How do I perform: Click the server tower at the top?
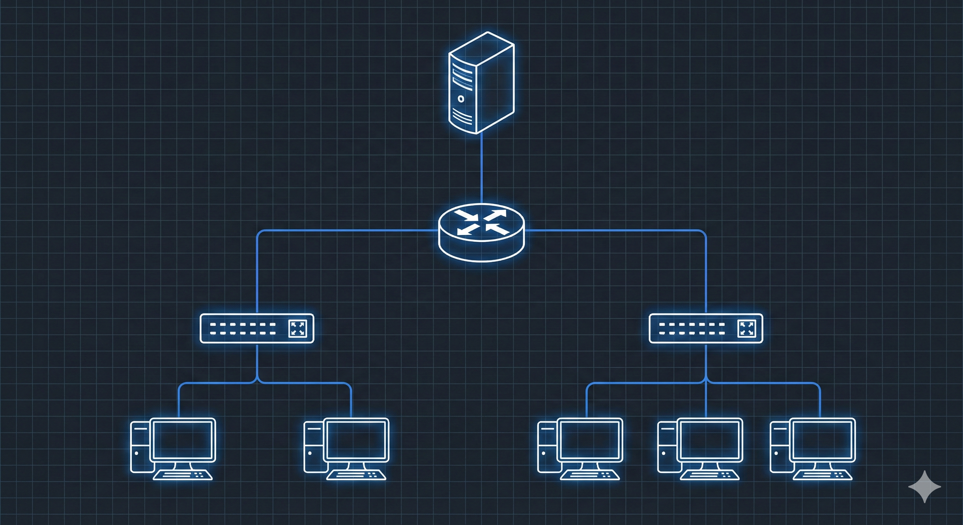click(481, 83)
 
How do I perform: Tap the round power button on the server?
click(461, 99)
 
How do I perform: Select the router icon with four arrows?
click(481, 232)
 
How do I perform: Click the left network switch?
click(257, 328)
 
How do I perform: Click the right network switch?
click(706, 328)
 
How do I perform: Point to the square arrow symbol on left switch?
click(298, 328)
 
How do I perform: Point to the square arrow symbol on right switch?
click(747, 328)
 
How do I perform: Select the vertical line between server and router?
click(481, 168)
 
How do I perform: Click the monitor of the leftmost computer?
click(183, 440)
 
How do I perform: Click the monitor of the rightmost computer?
click(823, 440)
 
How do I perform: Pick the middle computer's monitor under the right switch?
click(710, 440)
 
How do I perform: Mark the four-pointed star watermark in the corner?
click(925, 486)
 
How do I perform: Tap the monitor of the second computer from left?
click(356, 440)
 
